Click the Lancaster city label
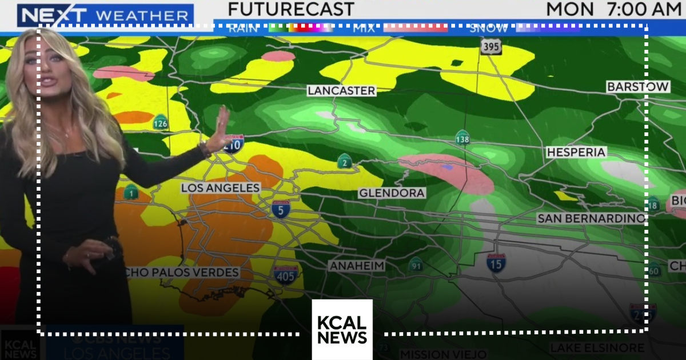click(341, 91)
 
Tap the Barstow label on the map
click(638, 87)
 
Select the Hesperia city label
click(576, 153)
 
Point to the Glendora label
click(392, 193)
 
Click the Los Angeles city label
click(221, 188)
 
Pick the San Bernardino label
click(591, 219)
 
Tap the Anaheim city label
click(357, 266)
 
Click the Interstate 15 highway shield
click(496, 263)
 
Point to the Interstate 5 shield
click(280, 210)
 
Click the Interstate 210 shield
click(233, 143)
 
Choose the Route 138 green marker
click(462, 138)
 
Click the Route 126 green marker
click(161, 122)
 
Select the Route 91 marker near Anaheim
click(416, 265)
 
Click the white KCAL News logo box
click(342, 330)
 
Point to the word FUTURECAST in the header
click(291, 9)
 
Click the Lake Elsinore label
click(597, 348)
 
